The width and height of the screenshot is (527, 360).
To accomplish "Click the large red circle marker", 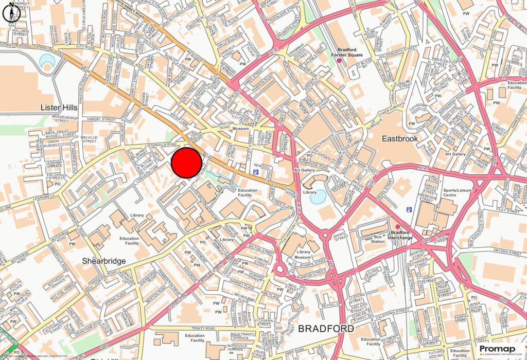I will (x=186, y=163).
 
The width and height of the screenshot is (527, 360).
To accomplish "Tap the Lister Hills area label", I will (x=59, y=107).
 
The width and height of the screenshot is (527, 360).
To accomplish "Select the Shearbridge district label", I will (x=104, y=261).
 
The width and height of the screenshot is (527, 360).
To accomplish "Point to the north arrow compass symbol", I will (x=11, y=12).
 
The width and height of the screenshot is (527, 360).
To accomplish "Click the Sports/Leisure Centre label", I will (x=443, y=193).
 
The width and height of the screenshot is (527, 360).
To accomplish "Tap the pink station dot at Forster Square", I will (x=340, y=62).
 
